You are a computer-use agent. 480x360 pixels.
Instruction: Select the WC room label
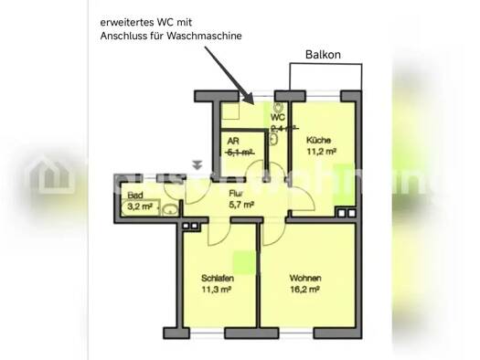[277, 118]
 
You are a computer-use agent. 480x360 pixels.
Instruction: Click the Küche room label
[318, 140]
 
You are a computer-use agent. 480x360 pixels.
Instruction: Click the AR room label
[233, 143]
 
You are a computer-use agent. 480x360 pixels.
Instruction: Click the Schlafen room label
[218, 278]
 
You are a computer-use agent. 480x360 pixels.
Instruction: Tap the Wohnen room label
[304, 278]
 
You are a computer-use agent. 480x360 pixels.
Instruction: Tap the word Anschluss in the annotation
[128, 36]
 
